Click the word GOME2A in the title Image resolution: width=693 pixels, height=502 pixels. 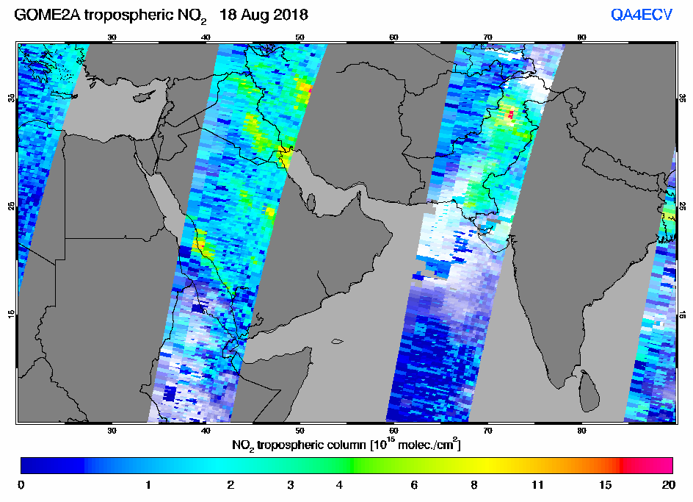click(x=47, y=15)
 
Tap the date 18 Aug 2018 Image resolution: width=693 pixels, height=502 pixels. click(x=264, y=15)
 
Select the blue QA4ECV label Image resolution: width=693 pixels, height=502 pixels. click(x=642, y=15)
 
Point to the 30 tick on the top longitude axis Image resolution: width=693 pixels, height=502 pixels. click(x=112, y=37)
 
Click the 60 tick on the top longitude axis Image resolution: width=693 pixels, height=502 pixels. click(x=393, y=37)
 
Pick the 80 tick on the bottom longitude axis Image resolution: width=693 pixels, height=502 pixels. click(x=581, y=431)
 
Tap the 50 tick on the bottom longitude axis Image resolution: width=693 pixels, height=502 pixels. click(x=300, y=431)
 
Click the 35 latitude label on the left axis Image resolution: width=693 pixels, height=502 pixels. click(x=12, y=98)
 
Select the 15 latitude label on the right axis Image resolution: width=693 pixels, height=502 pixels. click(x=683, y=315)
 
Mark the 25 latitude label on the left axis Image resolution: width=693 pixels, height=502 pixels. click(x=12, y=206)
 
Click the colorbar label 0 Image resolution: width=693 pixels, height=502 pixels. click(x=21, y=485)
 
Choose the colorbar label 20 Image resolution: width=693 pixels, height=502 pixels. click(x=668, y=485)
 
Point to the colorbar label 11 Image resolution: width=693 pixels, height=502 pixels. click(x=537, y=485)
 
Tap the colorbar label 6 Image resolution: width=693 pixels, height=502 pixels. click(x=414, y=485)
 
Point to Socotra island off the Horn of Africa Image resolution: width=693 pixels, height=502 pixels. click(x=337, y=341)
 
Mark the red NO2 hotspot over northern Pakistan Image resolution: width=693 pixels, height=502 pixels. click(x=511, y=115)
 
